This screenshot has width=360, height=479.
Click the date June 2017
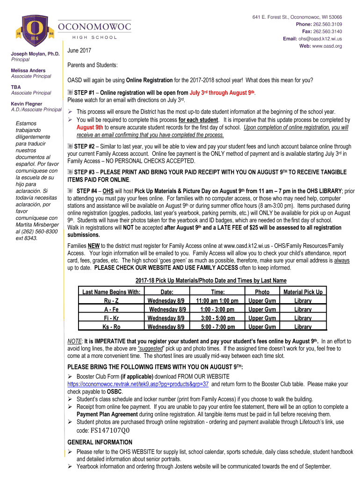79,51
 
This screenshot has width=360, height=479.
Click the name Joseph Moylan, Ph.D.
35,54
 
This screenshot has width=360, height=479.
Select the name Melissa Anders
29,71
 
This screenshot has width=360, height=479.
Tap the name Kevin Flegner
27,104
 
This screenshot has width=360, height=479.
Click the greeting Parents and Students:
93,65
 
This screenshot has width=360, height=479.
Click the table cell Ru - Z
111,301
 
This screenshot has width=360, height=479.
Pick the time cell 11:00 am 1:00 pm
217,301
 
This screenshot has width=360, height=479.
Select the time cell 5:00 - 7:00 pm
217,327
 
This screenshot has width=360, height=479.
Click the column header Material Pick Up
303,292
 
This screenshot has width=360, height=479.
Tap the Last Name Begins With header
111,292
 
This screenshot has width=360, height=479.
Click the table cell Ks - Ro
111,327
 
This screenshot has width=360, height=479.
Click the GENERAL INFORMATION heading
100,442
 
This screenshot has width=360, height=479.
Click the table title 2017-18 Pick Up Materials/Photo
211,281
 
